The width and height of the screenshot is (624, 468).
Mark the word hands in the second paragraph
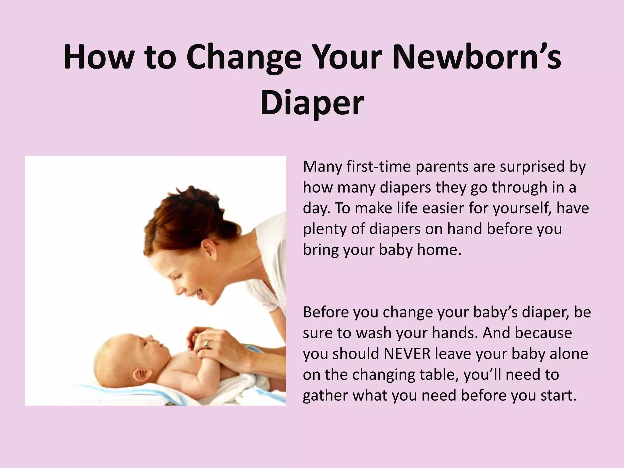[454, 333]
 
